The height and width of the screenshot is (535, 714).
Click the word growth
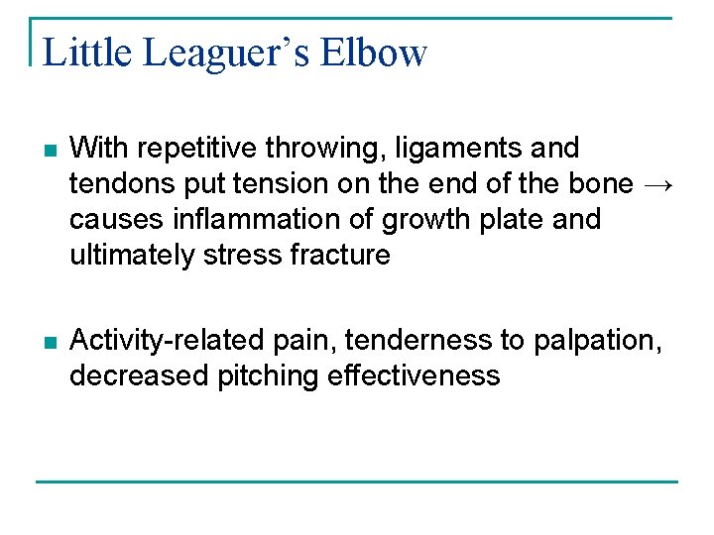(423, 219)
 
